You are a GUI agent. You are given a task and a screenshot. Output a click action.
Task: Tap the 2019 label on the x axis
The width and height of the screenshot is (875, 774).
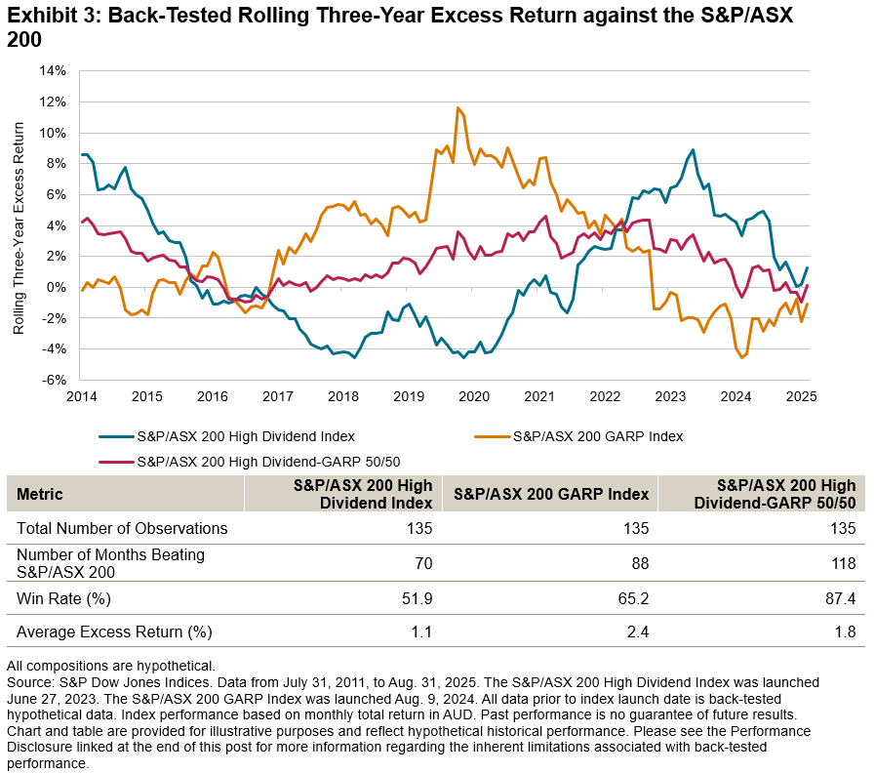pyautogui.click(x=408, y=397)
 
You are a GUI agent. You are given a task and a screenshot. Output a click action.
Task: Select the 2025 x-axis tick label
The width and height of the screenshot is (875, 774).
pyautogui.click(x=801, y=397)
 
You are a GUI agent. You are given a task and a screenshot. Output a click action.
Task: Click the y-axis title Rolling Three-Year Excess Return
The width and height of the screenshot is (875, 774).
pyautogui.click(x=19, y=225)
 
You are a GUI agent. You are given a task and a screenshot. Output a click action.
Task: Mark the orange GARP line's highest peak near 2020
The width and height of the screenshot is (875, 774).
pyautogui.click(x=457, y=107)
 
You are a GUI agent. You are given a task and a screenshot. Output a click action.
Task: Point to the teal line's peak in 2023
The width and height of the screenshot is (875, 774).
pyautogui.click(x=693, y=150)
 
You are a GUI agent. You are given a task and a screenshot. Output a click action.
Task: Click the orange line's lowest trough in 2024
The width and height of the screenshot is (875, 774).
pyautogui.click(x=742, y=358)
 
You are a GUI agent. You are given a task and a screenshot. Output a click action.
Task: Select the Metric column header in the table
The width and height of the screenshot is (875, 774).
pyautogui.click(x=40, y=494)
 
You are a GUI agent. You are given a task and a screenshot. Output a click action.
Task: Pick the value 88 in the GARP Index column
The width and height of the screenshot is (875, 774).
pyautogui.click(x=637, y=563)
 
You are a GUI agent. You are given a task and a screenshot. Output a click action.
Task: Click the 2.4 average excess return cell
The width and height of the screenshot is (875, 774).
pyautogui.click(x=637, y=631)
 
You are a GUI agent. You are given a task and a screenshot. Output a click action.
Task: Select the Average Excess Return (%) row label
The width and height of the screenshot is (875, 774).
pyautogui.click(x=114, y=631)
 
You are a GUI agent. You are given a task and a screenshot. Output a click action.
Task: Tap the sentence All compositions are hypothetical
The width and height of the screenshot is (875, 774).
pyautogui.click(x=110, y=665)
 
